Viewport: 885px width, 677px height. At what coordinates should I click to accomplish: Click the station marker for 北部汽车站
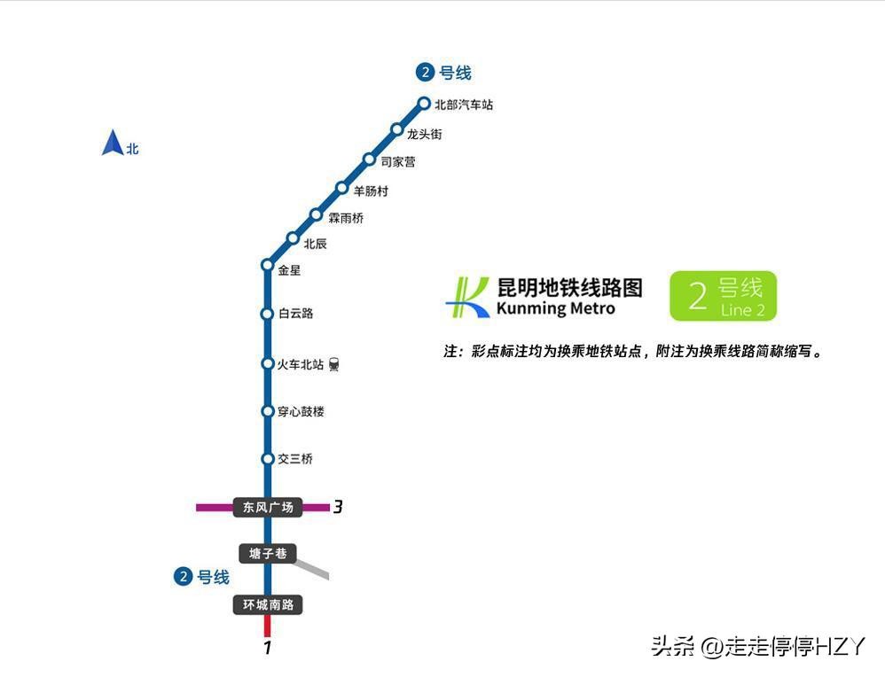[x=424, y=104]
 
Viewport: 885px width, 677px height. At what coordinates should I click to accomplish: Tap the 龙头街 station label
[x=425, y=135]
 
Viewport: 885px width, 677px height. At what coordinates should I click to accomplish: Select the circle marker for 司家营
[x=369, y=160]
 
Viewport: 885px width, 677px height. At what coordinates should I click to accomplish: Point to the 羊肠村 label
[x=371, y=191]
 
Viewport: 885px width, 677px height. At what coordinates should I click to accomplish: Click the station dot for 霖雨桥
[x=316, y=215]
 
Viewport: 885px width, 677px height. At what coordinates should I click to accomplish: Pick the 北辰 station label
[x=315, y=244]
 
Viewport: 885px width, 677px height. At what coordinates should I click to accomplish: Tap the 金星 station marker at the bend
[x=268, y=265]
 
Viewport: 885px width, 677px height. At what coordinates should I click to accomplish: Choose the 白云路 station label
[x=296, y=313]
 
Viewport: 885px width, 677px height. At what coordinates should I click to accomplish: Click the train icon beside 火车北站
[x=334, y=364]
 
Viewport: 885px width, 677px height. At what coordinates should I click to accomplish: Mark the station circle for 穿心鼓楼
[x=268, y=411]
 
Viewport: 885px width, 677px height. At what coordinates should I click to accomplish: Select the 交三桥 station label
[x=295, y=459]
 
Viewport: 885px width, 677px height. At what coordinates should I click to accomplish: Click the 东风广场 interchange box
[x=268, y=507]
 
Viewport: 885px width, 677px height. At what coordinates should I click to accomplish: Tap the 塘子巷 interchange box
[x=268, y=554]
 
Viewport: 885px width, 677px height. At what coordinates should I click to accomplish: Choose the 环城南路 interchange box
[x=268, y=605]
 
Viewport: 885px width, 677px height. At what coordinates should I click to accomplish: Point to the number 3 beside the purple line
[x=338, y=507]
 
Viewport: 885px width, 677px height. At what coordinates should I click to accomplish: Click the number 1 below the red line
[x=268, y=647]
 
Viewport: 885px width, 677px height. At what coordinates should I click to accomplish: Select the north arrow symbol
[x=113, y=143]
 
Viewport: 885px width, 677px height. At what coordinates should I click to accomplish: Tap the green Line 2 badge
[x=723, y=296]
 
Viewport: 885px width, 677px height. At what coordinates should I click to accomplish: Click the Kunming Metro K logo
[x=467, y=298]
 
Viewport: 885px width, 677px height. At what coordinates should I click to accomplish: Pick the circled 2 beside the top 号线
[x=425, y=72]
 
